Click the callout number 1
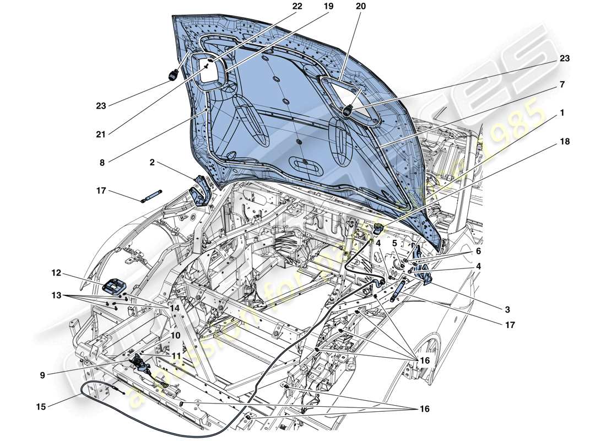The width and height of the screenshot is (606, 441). click(561, 112)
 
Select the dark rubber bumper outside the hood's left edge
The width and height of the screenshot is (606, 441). click(174, 74)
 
